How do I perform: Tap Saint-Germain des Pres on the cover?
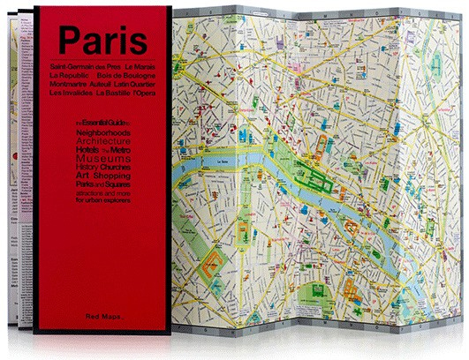coord(73,68)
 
